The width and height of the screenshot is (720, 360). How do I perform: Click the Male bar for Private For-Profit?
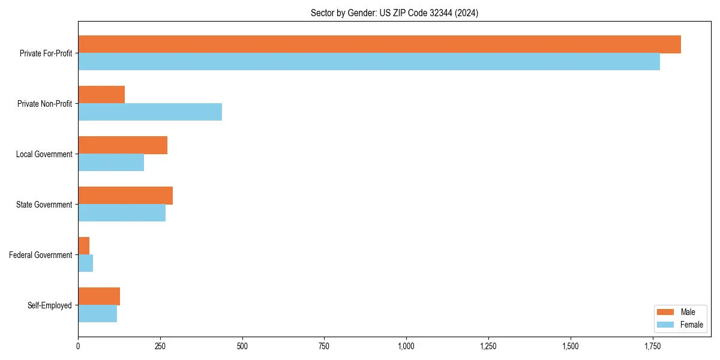379,44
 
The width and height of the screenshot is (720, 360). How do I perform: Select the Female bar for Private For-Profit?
369,62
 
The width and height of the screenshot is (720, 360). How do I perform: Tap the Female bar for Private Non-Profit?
150,112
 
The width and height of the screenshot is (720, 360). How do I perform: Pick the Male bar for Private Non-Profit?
101,95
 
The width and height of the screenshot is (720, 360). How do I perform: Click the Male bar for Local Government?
122,145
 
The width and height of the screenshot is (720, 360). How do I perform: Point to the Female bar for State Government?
122,213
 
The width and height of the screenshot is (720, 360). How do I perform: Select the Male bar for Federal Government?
84,246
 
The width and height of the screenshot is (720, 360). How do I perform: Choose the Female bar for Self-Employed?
97,314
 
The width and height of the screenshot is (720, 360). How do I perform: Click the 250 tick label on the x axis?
160,346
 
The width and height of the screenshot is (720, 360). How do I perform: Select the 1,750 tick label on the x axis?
652,346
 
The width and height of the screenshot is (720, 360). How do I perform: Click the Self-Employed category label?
50,305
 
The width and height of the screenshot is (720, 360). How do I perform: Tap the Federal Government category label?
41,255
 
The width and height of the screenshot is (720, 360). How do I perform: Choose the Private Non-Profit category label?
44,104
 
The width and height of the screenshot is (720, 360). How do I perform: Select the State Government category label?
44,205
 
